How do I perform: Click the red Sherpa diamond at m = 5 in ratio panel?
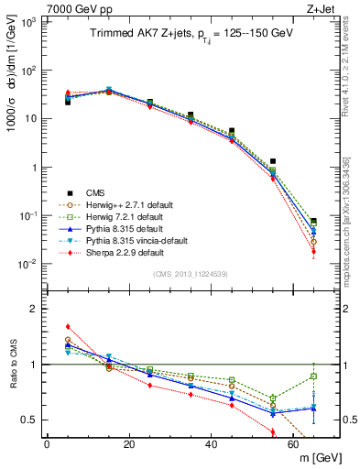(x=68, y=326)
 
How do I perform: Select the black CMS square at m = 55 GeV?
(x=273, y=160)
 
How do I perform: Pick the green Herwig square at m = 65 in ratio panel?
(x=314, y=376)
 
